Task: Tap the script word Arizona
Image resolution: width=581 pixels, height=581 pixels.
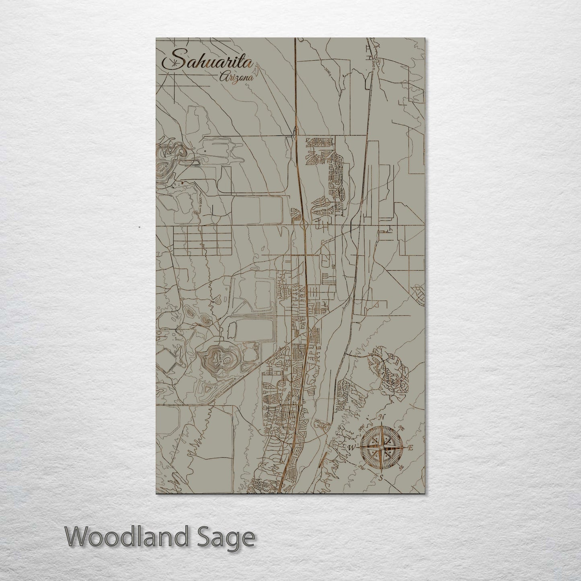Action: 236,78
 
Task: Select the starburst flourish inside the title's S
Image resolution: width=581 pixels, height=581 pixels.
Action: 174,64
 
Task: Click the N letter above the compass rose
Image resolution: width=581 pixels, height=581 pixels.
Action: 383,417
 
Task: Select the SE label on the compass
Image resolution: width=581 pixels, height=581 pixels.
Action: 401,467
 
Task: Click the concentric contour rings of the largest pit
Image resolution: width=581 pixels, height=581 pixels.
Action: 220,360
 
